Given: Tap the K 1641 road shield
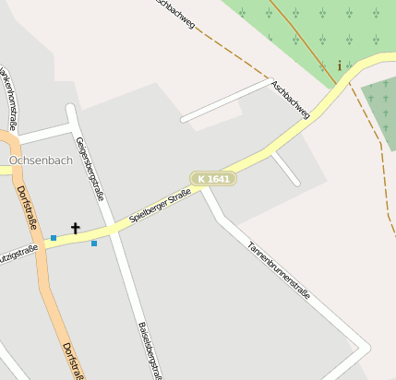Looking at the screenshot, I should [214, 178].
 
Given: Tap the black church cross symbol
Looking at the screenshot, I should [76, 228].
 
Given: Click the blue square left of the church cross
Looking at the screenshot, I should [54, 238].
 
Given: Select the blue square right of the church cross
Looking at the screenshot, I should [94, 243].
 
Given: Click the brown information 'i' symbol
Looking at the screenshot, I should [340, 65].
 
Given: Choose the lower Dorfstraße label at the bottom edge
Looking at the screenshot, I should [73, 361].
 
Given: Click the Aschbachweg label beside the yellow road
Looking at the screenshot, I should [291, 100].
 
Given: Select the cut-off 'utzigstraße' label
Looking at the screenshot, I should [18, 249].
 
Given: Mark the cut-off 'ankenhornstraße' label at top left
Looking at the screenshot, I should [8, 98].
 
